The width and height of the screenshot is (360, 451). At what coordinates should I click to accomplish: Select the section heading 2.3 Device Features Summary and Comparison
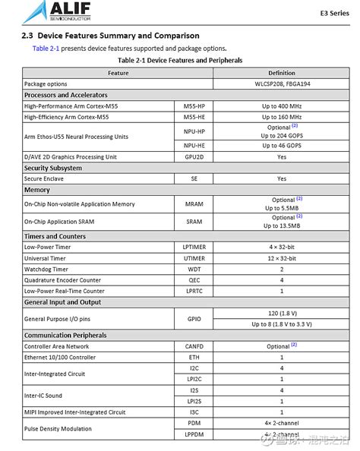(x=111, y=36)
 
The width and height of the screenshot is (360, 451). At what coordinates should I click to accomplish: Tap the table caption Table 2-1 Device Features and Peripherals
(x=180, y=59)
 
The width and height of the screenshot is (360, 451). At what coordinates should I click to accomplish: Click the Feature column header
(x=118, y=73)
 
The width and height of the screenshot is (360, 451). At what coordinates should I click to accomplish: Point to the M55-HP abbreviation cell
(x=194, y=106)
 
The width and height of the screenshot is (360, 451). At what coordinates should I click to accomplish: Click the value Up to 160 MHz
(x=281, y=117)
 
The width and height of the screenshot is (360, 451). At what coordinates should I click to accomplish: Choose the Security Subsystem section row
(x=53, y=168)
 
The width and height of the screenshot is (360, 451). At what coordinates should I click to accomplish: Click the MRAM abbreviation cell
(x=194, y=204)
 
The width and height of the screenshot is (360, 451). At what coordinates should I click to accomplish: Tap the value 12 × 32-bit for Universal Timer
(x=281, y=258)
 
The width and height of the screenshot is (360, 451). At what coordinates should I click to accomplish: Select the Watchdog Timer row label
(x=46, y=269)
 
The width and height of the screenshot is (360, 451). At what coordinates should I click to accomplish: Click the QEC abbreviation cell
(x=194, y=280)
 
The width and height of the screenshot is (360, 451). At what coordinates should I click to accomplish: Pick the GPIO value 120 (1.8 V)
(x=281, y=313)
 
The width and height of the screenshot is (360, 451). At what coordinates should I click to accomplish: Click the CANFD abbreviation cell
(x=194, y=346)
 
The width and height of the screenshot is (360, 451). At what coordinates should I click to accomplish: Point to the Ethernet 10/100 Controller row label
(x=60, y=357)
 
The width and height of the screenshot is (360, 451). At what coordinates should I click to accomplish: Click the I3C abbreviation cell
(x=194, y=412)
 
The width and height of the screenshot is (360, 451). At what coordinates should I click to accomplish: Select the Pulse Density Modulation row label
(x=57, y=428)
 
